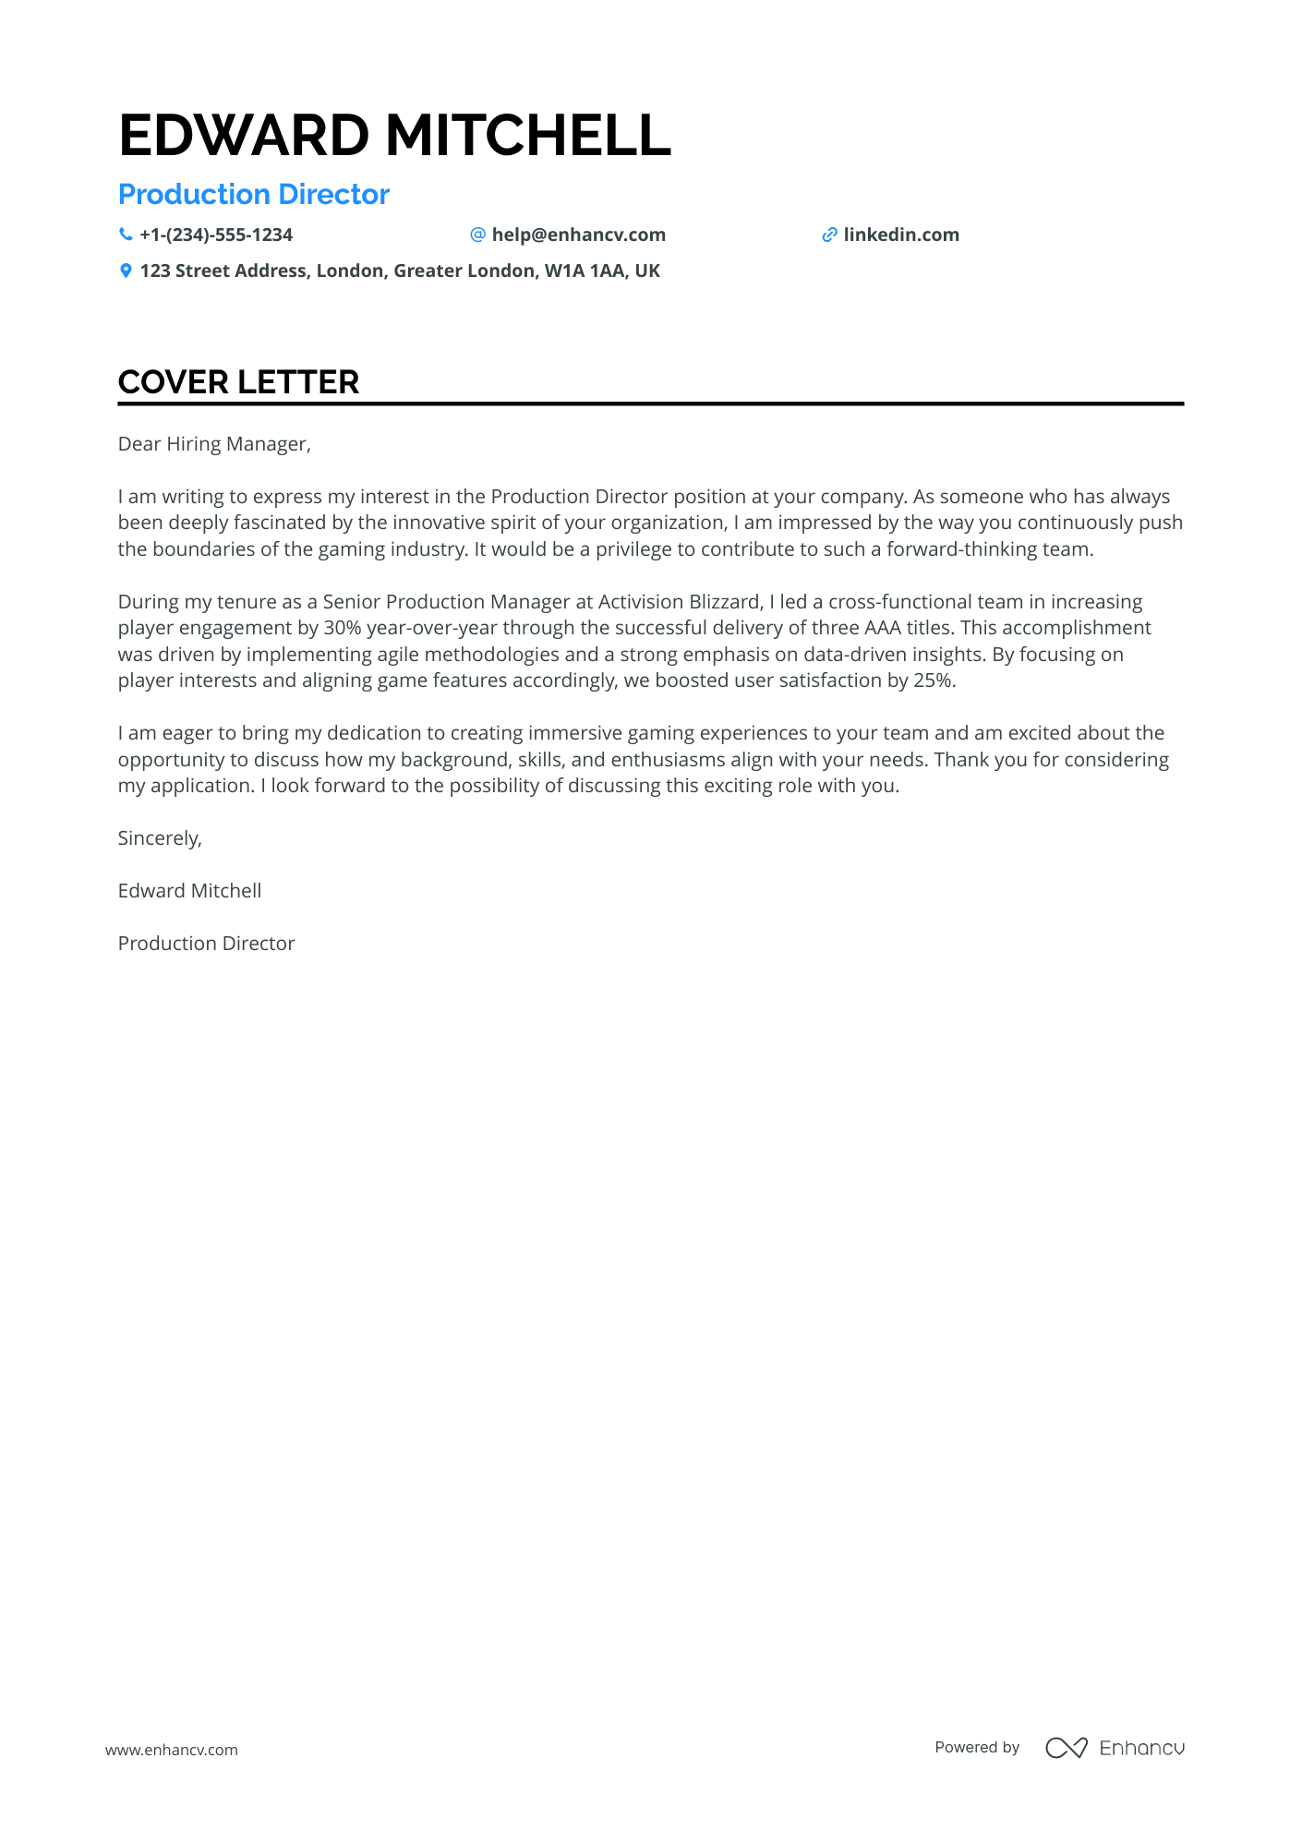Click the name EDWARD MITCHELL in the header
click(394, 135)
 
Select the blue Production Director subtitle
click(254, 195)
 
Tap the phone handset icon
click(126, 235)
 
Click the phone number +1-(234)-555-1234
click(216, 235)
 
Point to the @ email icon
click(477, 235)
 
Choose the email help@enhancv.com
click(578, 235)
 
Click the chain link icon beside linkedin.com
click(829, 235)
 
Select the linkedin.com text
click(901, 235)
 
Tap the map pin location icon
click(126, 271)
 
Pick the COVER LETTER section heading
click(238, 382)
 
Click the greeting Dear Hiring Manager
click(214, 444)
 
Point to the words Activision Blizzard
click(679, 602)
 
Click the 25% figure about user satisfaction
click(933, 680)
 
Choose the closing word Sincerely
click(159, 838)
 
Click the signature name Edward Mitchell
click(189, 891)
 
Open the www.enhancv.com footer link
click(172, 1750)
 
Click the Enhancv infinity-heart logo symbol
click(1066, 1748)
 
